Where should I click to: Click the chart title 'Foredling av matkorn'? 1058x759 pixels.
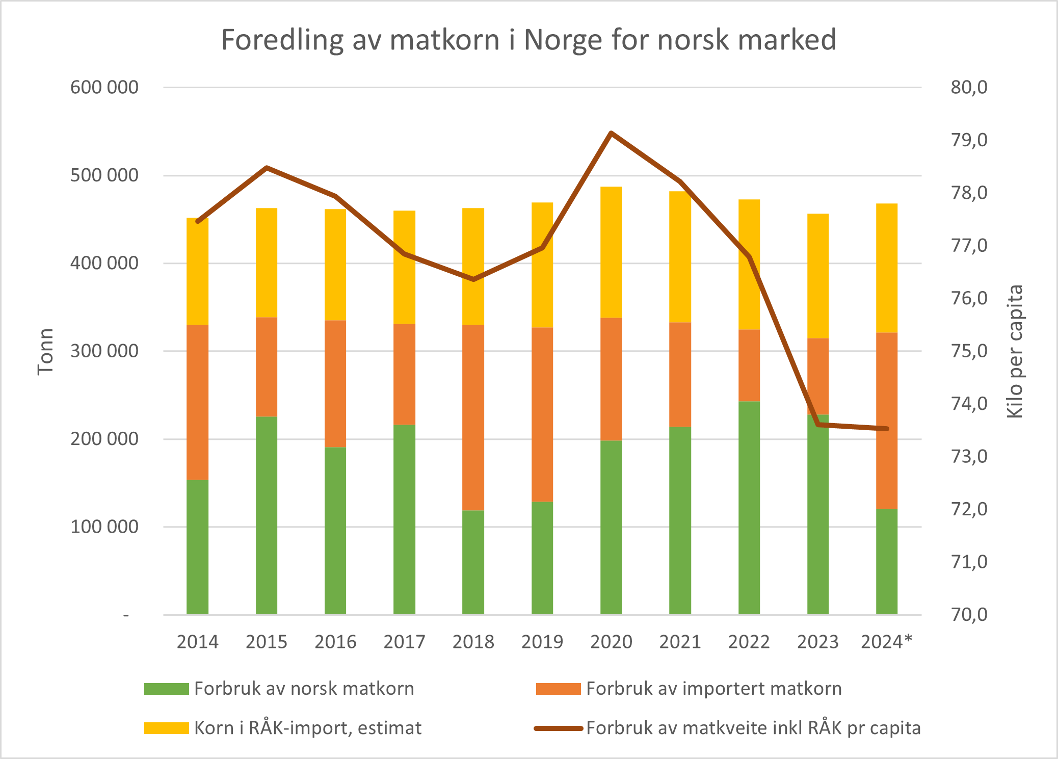528,40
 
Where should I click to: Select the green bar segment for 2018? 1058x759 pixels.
473,562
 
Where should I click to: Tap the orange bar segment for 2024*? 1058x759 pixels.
886,421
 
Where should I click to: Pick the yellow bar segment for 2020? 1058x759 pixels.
611,252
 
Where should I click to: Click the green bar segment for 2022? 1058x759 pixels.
749,507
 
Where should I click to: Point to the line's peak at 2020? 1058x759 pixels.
611,133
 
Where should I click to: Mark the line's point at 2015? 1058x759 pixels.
267,168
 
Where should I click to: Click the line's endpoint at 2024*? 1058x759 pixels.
887,429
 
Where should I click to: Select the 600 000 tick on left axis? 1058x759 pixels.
104,88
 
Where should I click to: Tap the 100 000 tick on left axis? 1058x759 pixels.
104,527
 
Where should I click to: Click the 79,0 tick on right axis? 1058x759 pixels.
969,140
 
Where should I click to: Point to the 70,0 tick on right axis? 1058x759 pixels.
969,615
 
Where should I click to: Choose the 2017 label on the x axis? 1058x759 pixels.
404,642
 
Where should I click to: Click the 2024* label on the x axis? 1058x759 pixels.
886,642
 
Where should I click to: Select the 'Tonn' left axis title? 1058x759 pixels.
45,352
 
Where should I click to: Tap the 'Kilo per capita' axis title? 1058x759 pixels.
1015,352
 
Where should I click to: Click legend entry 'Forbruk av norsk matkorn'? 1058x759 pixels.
304,689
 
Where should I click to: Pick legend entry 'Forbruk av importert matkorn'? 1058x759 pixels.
713,689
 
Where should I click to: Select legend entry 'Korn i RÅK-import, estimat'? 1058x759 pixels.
307,728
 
